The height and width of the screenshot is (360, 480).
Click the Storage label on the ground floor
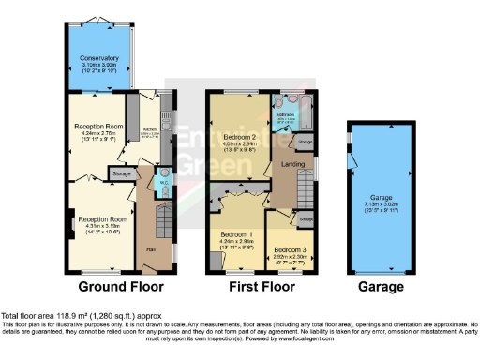click(x=121, y=173)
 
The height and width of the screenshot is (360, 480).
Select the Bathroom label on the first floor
click(x=284, y=115)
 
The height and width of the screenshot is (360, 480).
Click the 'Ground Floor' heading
click(x=120, y=287)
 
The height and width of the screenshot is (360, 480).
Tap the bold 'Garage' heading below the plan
click(x=379, y=287)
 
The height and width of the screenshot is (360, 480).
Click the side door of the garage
click(x=351, y=163)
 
